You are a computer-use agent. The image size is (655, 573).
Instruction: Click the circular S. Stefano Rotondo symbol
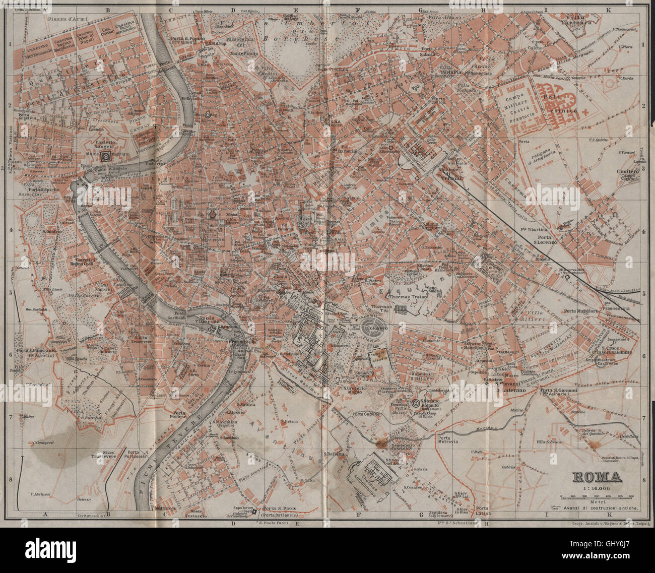pos(416,403)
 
